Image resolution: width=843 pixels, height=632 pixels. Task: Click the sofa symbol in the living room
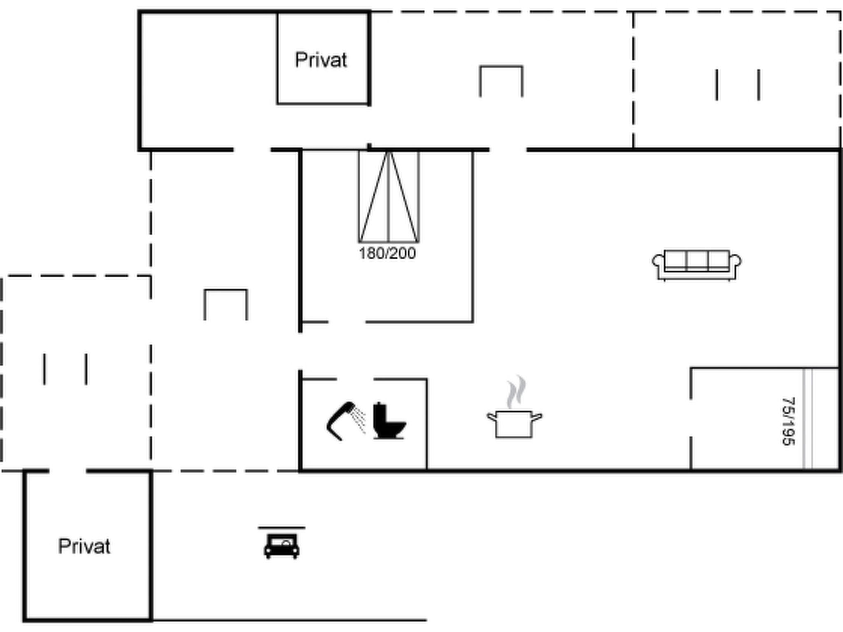(x=696, y=265)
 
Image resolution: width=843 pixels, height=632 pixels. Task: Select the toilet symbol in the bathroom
(x=389, y=421)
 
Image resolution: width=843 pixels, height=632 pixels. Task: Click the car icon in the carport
(x=282, y=546)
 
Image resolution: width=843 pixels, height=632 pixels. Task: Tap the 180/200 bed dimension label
(x=387, y=253)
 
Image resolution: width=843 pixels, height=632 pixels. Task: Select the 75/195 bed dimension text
(x=788, y=421)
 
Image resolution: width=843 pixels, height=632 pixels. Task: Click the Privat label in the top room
(x=321, y=60)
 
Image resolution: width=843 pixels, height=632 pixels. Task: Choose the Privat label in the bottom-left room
(x=84, y=546)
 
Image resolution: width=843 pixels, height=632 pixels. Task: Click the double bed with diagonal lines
(x=389, y=196)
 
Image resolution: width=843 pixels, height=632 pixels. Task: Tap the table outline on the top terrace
(x=501, y=67)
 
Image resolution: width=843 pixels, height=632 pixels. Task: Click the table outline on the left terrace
(x=226, y=290)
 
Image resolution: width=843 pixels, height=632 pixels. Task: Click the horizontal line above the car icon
(x=282, y=527)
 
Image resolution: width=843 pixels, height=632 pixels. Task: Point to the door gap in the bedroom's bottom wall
(x=347, y=322)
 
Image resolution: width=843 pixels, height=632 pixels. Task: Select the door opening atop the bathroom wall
(x=355, y=379)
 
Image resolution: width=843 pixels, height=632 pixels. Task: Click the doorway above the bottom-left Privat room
(x=68, y=471)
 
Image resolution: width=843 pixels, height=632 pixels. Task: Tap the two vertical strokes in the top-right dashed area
(x=738, y=85)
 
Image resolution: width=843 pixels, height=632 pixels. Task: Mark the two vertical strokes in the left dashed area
(x=65, y=369)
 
